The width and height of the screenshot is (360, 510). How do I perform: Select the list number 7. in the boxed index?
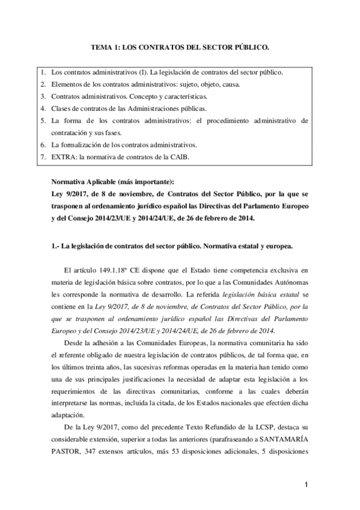43,158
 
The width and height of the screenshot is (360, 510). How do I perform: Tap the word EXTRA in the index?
63,158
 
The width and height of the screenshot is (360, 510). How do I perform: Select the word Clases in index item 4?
61,109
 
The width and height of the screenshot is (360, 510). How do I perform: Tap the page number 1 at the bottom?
305,485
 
